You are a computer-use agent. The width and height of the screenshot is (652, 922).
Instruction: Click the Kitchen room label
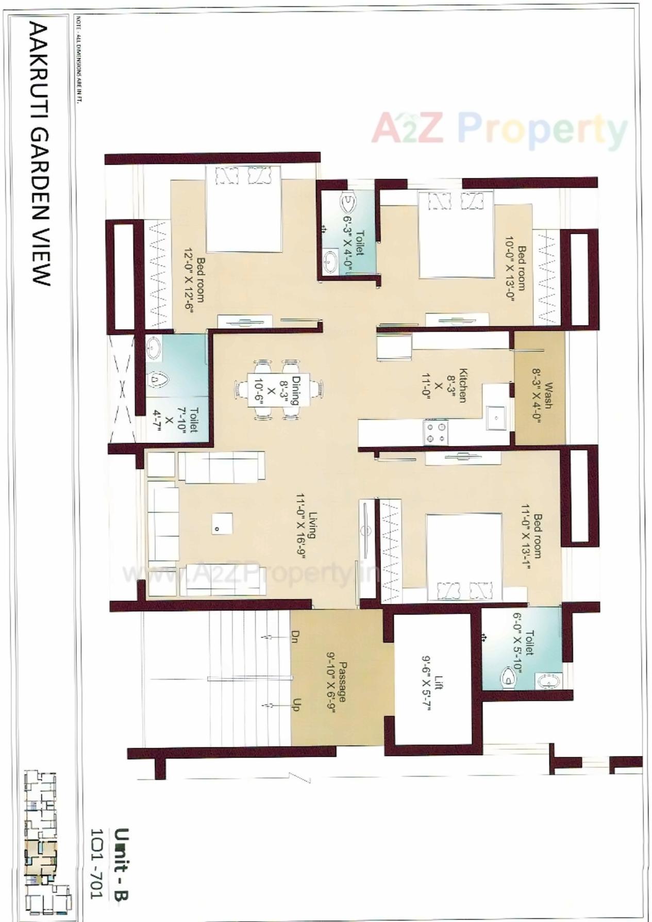(x=462, y=385)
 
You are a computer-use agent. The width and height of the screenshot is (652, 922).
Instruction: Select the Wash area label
(x=548, y=395)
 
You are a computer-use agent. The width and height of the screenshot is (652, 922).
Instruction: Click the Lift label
(x=439, y=683)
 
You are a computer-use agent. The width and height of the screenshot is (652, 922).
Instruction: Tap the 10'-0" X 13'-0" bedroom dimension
(x=509, y=269)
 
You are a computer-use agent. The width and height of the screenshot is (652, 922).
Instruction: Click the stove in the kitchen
(x=436, y=432)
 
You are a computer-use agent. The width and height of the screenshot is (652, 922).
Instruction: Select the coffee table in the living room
(x=221, y=523)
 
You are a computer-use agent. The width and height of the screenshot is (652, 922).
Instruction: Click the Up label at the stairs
(x=296, y=705)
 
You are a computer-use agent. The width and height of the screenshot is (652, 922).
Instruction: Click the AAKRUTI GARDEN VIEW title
(x=41, y=154)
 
